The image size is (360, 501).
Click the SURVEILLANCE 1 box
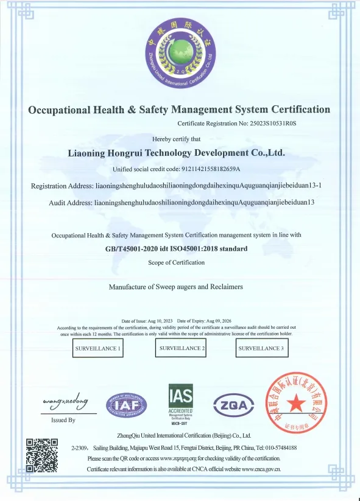(98, 349)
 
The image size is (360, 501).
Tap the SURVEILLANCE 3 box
(261, 349)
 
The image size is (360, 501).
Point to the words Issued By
(63, 420)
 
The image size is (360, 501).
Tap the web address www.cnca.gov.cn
(261, 469)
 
